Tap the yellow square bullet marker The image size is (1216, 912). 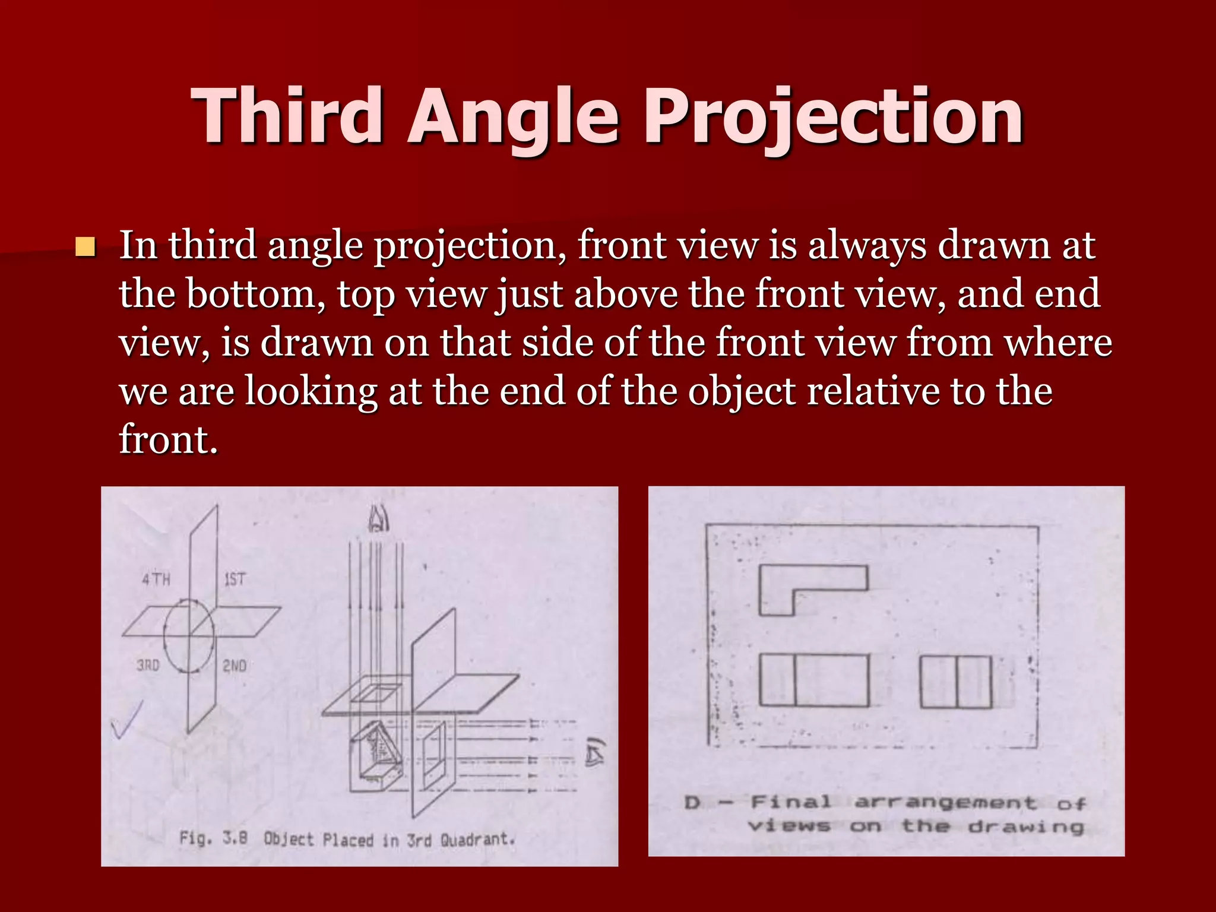[x=85, y=246]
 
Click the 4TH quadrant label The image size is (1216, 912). [x=156, y=579]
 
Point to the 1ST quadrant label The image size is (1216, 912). [x=234, y=579]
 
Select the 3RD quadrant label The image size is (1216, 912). [x=148, y=666]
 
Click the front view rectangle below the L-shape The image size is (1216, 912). [x=814, y=680]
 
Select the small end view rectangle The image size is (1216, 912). [x=955, y=682]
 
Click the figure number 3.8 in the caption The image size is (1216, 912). [x=235, y=838]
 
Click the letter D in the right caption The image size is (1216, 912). [x=692, y=803]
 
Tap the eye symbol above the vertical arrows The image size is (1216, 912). [x=378, y=520]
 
